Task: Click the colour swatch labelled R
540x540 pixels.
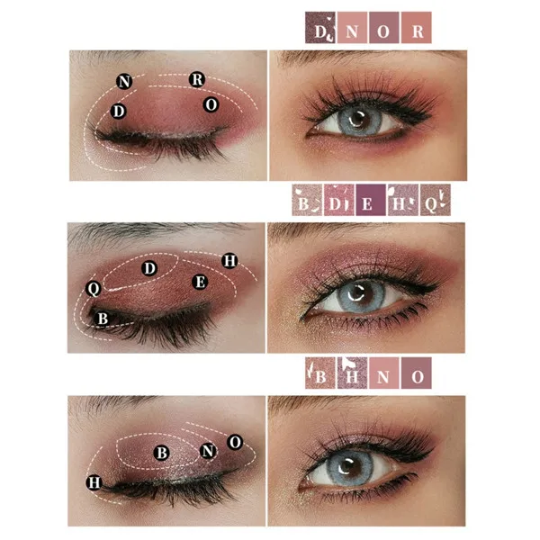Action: click(x=417, y=28)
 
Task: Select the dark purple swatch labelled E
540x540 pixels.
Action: click(x=371, y=200)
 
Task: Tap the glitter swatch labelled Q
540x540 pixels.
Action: click(x=436, y=200)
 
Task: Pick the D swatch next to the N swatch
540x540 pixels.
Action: click(x=319, y=28)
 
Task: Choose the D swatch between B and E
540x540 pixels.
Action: click(x=339, y=200)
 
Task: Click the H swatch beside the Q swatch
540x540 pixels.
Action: click(x=403, y=200)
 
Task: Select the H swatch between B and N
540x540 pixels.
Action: click(x=352, y=373)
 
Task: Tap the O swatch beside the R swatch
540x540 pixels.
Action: click(x=384, y=28)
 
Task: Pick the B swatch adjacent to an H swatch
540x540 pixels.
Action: click(x=319, y=373)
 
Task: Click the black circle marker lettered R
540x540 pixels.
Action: click(x=197, y=79)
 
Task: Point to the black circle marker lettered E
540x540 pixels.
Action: click(x=200, y=282)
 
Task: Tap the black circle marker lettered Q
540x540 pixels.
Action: click(x=94, y=289)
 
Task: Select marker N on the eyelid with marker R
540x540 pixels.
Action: click(x=124, y=82)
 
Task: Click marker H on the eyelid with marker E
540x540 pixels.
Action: click(x=229, y=261)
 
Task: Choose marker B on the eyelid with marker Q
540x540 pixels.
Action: click(x=103, y=319)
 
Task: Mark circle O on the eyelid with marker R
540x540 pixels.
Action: click(x=211, y=104)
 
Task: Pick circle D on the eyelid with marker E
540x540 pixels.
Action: click(x=149, y=268)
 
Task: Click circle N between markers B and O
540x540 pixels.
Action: click(x=208, y=451)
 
